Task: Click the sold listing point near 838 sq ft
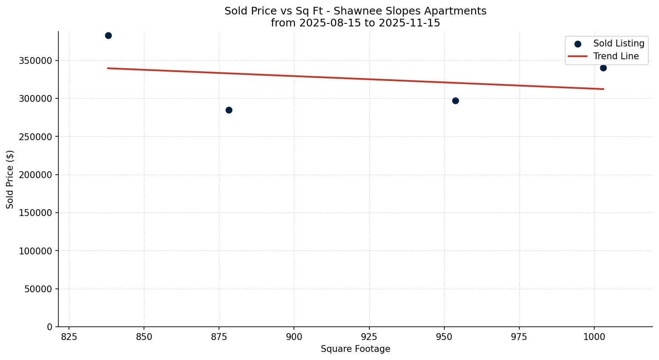[108, 35]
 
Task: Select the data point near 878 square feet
[229, 110]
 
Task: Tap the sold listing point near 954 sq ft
[455, 101]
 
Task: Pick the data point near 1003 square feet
[603, 68]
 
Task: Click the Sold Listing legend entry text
[619, 43]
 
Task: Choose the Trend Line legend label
[616, 56]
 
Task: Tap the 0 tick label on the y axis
[50, 327]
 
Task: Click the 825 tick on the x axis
[69, 337]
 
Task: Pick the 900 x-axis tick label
[294, 337]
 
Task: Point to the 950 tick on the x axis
[444, 337]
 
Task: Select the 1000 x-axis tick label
[594, 337]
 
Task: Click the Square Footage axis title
[355, 349]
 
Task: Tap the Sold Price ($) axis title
[10, 179]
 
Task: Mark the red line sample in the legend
[578, 56]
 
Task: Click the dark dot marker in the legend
[578, 44]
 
